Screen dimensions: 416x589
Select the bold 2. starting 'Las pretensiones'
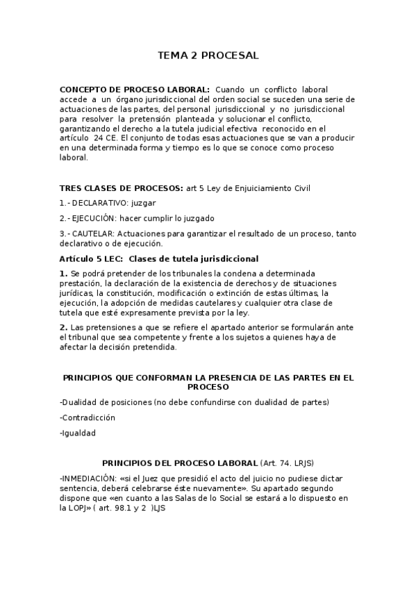coord(63,327)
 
